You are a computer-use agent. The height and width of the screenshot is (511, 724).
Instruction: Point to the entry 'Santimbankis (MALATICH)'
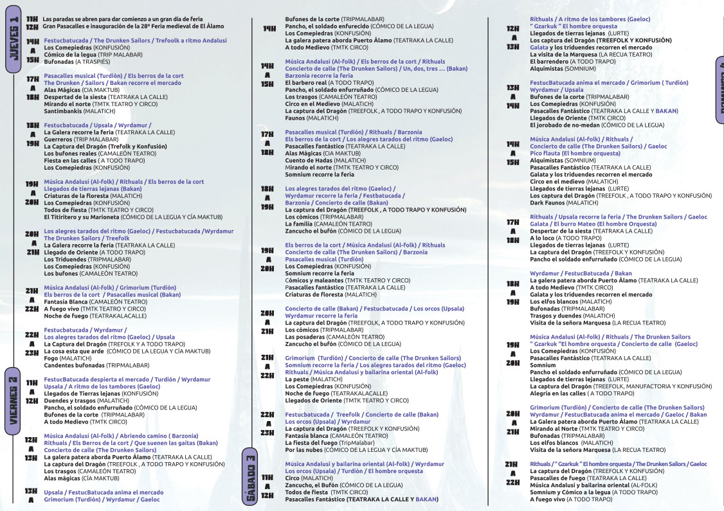(71, 111)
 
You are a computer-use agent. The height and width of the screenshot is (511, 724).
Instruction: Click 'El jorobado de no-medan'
(597, 125)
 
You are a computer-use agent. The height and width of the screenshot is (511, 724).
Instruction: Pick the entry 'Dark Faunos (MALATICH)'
(564, 202)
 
